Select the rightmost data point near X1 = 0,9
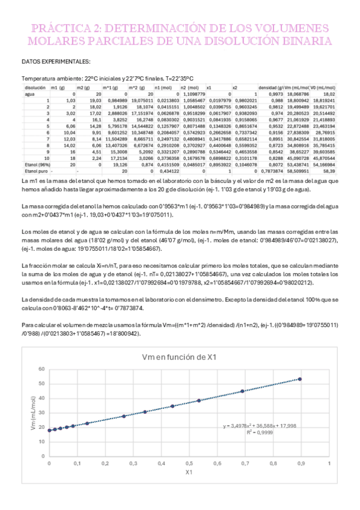coord(300,379)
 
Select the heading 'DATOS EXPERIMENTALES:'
coord(56,61)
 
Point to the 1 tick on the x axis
coord(329,464)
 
